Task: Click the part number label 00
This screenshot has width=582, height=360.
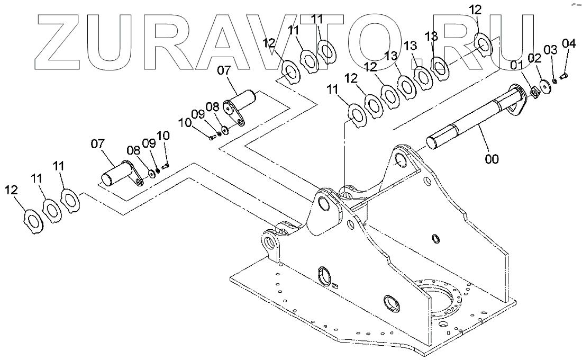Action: (x=492, y=158)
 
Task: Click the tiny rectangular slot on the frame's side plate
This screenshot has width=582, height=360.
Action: (x=334, y=286)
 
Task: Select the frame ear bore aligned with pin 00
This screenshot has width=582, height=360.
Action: (x=402, y=159)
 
